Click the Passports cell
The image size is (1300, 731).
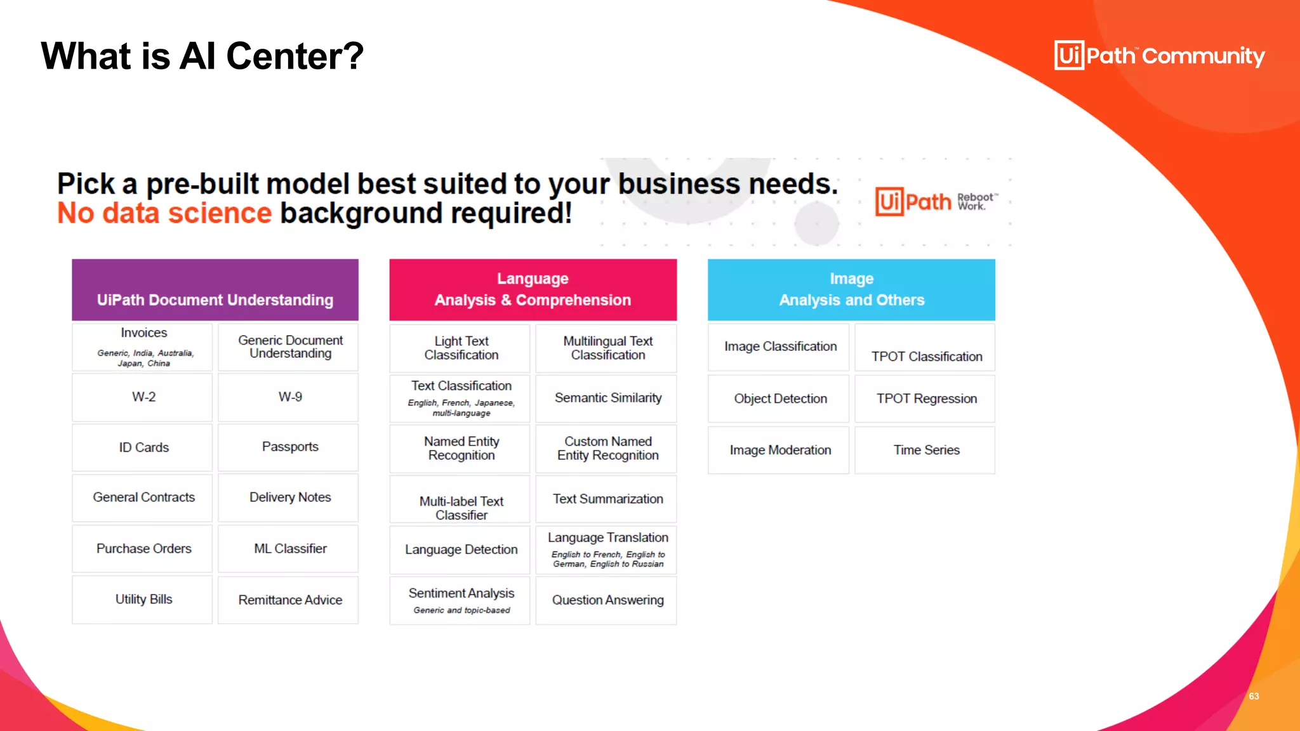coord(289,447)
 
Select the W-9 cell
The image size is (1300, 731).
coord(289,397)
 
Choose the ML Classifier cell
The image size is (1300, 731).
coord(289,549)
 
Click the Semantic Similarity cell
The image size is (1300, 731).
coord(607,398)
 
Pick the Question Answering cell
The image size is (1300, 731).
coord(607,600)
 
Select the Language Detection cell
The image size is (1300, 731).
coord(461,550)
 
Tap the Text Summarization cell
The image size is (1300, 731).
coord(607,499)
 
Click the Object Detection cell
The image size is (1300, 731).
coord(779,399)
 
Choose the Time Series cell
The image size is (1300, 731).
coord(925,451)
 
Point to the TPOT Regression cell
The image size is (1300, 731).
coord(925,399)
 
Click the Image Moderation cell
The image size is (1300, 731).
coord(779,451)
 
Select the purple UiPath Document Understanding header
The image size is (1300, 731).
coord(215,291)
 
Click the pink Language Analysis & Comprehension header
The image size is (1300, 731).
coord(533,290)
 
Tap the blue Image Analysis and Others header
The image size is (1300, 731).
coord(851,290)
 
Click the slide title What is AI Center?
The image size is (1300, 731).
coord(202,56)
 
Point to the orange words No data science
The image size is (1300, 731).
coord(164,213)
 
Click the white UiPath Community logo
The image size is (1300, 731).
coord(1159,56)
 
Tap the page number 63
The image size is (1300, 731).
coord(1254,696)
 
